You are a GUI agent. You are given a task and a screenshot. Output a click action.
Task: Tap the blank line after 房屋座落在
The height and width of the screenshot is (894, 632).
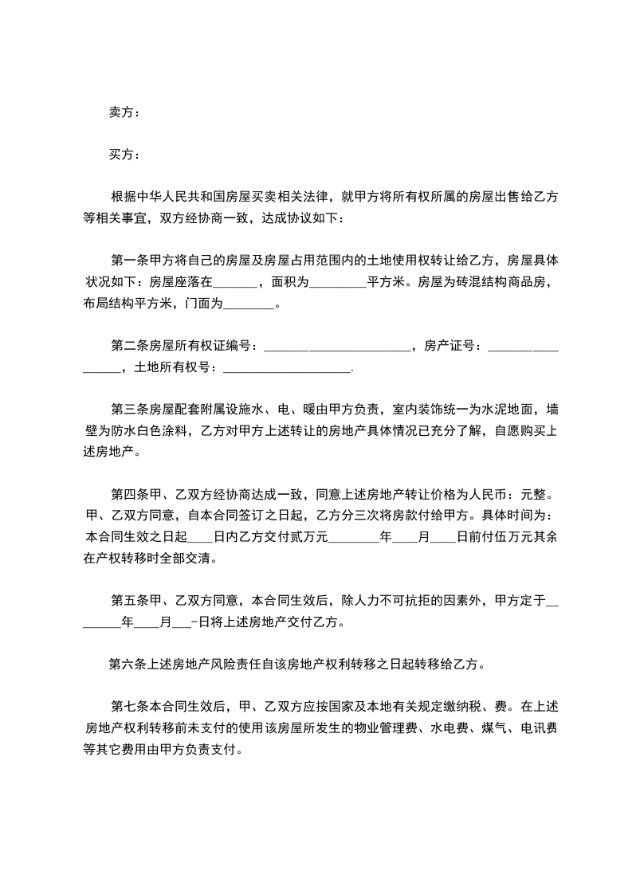[x=236, y=281]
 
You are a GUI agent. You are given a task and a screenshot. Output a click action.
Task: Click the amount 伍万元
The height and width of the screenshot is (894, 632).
[x=500, y=537]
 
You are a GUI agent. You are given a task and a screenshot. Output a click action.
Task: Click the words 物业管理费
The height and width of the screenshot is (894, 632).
[x=393, y=727]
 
